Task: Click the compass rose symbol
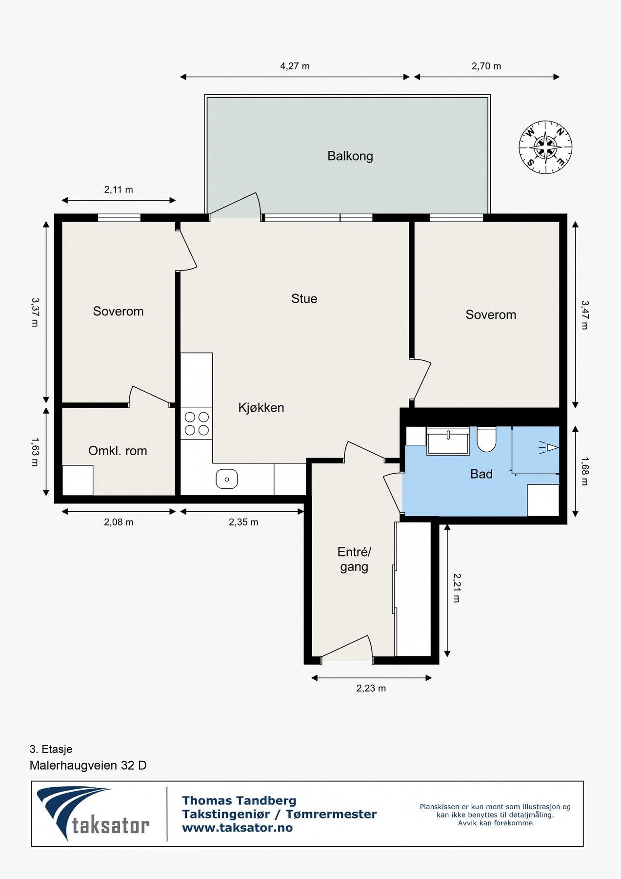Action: [545, 147]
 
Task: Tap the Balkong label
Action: [350, 156]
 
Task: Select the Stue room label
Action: [304, 298]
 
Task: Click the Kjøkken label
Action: [261, 407]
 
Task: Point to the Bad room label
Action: [481, 474]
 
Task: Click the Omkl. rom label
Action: [118, 451]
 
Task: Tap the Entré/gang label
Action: [354, 559]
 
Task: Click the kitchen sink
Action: [227, 479]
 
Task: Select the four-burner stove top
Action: [197, 424]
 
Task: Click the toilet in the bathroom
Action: [486, 439]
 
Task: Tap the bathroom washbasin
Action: [448, 441]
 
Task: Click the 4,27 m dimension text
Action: [295, 66]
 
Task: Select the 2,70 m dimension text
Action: [486, 66]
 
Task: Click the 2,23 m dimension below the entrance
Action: [371, 688]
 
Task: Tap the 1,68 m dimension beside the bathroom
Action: [584, 471]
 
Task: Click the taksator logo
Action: [93, 814]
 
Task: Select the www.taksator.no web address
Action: [238, 828]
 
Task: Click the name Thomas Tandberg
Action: [239, 800]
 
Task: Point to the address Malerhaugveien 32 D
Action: [88, 765]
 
